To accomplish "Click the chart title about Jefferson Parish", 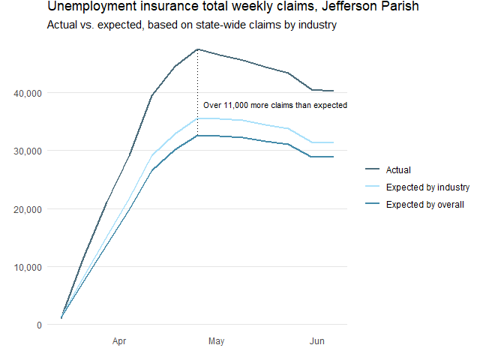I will [x=232, y=7].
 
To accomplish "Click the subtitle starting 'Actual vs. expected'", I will [x=191, y=25].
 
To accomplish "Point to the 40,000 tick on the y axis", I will [x=26, y=93].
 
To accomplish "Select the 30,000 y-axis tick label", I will [x=26, y=151].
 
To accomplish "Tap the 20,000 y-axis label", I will [x=26, y=209].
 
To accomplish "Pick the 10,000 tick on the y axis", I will [x=26, y=267].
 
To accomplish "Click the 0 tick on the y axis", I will [x=37, y=325].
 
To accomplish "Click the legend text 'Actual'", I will [x=397, y=170].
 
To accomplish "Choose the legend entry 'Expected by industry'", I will [x=427, y=187].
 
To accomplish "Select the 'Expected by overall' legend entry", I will [x=425, y=205].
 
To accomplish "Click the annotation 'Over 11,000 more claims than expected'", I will [x=274, y=106].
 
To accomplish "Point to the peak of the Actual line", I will [x=197, y=49].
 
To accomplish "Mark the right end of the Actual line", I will [x=333, y=91].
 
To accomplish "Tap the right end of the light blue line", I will [x=333, y=142].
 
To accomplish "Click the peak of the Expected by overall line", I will [x=197, y=135].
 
